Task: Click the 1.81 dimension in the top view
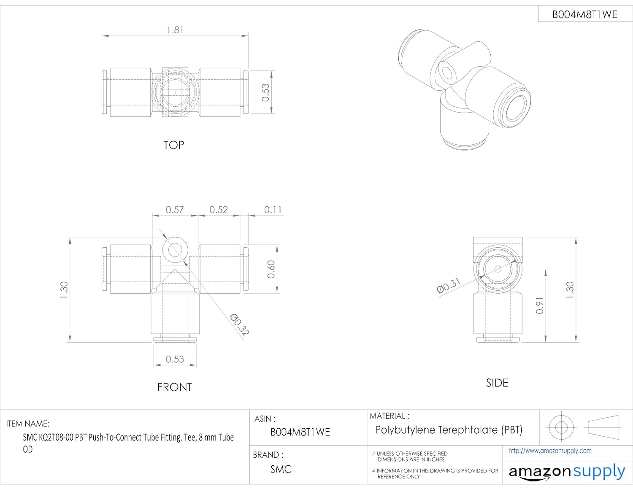point(175,30)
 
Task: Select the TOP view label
point(174,145)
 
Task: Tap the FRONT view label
point(174,387)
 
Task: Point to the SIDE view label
point(497,383)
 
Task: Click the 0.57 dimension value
point(175,210)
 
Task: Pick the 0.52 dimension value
point(219,210)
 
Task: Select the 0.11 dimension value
point(273,210)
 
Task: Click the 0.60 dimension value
point(271,269)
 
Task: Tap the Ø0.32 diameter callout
point(239,324)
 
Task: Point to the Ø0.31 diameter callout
point(449,286)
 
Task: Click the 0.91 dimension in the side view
point(540,305)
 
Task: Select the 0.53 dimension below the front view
point(175,359)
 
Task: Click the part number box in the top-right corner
point(585,14)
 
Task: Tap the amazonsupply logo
point(567,472)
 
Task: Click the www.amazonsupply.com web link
point(550,451)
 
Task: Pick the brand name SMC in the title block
point(281,469)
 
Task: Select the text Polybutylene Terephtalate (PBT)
point(449,430)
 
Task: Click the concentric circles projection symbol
point(561,427)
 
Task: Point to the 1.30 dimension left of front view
point(64,290)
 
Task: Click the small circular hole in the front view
point(174,249)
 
